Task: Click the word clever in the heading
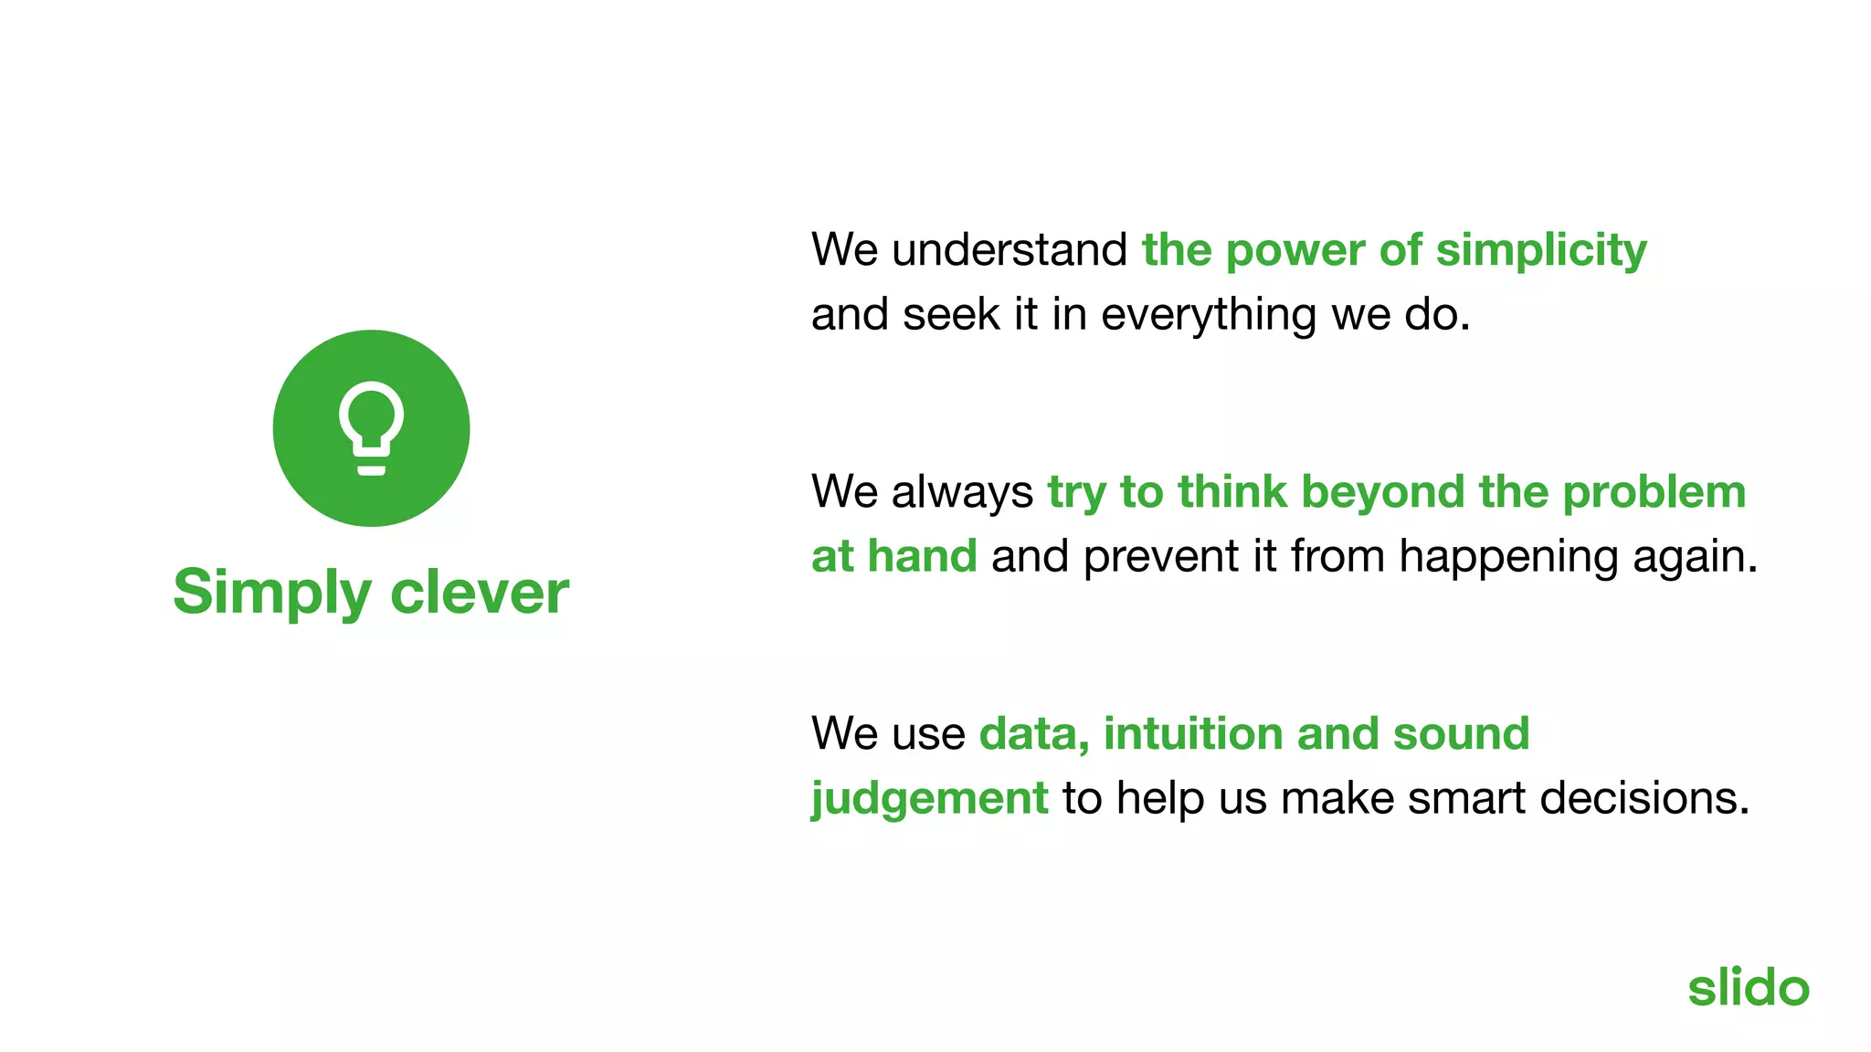pos(480,592)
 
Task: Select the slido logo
pos(1748,988)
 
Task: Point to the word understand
pos(1009,250)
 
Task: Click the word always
pos(963,493)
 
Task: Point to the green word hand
pos(922,556)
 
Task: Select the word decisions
pos(1644,798)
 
